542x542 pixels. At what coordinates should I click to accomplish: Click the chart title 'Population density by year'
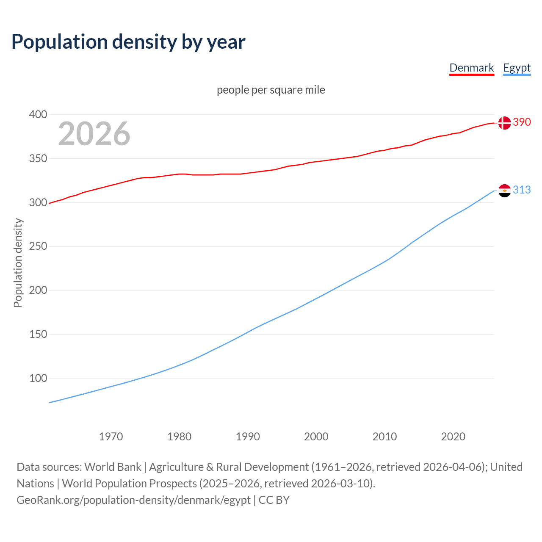click(x=128, y=41)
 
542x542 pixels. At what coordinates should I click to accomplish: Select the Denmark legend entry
click(x=471, y=68)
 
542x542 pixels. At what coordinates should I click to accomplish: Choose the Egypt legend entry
click(x=517, y=68)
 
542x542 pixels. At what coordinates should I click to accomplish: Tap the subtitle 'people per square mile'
click(x=271, y=90)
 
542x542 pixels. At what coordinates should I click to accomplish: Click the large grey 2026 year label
click(x=94, y=134)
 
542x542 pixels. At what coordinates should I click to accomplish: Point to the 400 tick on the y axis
click(x=38, y=114)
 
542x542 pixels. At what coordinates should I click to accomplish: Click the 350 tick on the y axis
click(x=38, y=158)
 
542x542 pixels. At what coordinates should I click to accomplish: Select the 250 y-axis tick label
click(x=38, y=246)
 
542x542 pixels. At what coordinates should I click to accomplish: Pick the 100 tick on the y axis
click(x=38, y=378)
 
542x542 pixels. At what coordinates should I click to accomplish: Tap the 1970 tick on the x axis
click(x=111, y=437)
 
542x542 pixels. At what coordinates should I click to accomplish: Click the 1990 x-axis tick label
click(x=248, y=437)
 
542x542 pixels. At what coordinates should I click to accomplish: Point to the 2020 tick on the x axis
click(x=453, y=437)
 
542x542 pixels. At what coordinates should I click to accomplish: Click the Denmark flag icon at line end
click(x=504, y=123)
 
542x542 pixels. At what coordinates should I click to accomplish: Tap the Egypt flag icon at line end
click(x=504, y=191)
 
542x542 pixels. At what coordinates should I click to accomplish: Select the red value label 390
click(x=522, y=122)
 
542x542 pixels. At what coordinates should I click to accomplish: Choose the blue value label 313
click(x=522, y=190)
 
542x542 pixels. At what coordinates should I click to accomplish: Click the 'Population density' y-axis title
click(x=18, y=263)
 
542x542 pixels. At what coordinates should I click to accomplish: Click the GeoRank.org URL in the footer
click(x=133, y=500)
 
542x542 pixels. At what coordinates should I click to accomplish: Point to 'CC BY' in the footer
click(x=274, y=500)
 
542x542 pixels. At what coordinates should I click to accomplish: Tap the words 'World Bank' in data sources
click(x=113, y=467)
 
